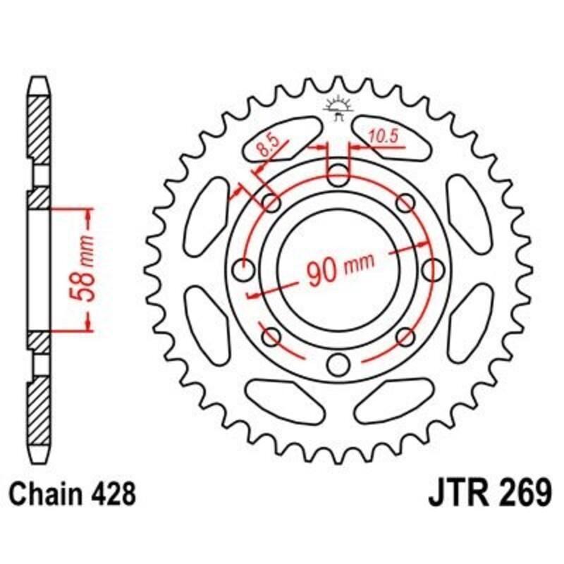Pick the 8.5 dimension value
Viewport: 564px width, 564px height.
click(x=267, y=148)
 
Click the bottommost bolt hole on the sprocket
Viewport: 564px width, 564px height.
click(x=339, y=364)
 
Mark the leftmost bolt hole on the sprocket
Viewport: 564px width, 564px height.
click(x=243, y=269)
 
